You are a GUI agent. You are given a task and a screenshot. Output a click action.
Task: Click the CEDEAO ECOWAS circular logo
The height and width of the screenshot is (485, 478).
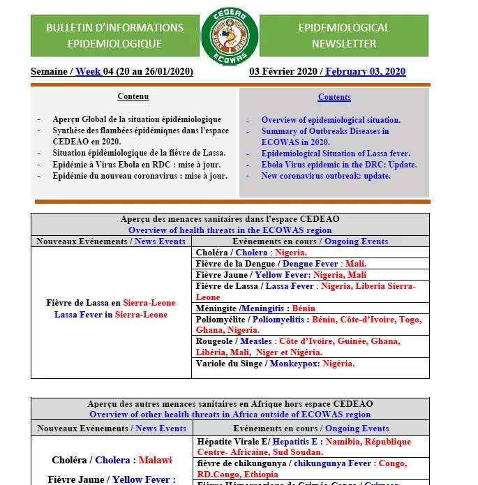click(230, 36)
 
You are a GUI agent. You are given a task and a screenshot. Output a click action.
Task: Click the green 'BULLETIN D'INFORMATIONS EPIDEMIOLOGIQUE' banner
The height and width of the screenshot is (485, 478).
click(115, 36)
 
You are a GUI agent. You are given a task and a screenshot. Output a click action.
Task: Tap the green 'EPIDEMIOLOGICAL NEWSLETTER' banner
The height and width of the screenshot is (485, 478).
click(344, 36)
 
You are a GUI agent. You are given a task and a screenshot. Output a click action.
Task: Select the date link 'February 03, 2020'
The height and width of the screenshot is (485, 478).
click(365, 72)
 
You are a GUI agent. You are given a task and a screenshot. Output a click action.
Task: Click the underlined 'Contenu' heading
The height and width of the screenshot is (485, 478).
click(133, 97)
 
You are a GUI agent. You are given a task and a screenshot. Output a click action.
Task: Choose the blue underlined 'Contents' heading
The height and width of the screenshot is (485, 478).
click(334, 97)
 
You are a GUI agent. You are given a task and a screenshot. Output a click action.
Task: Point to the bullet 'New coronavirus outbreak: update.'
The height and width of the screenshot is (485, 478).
click(326, 176)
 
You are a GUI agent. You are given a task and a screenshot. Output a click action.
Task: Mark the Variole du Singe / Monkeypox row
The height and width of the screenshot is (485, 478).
click(275, 364)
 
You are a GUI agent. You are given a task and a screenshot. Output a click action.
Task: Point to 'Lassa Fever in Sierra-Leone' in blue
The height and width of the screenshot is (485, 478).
click(111, 315)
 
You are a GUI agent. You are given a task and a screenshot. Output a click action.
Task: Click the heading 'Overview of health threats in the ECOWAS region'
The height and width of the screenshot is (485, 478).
click(230, 230)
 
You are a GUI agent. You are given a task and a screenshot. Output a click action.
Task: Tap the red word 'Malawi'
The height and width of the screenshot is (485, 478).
click(155, 461)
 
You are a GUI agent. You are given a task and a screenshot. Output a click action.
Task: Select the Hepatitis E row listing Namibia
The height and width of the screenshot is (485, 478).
click(304, 447)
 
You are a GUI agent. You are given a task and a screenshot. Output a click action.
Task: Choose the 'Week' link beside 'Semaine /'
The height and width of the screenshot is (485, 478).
click(88, 72)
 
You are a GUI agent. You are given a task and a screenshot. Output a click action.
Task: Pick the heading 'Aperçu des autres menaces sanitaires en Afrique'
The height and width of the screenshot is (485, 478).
click(230, 404)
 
